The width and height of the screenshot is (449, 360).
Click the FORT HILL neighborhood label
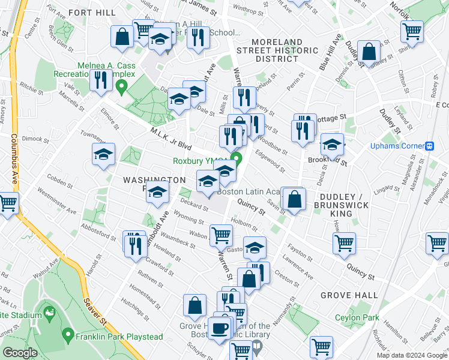coord(92,12)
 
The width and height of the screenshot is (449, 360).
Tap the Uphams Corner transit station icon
coord(430,146)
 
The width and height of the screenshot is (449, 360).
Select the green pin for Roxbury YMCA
coord(237,160)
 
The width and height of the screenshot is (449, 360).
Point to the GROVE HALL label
coord(349,295)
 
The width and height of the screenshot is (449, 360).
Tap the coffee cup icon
coord(221,328)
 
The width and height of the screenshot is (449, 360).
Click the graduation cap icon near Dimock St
coord(103,155)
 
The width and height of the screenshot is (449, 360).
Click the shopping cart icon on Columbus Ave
coord(7,204)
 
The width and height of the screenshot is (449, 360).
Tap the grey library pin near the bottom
coord(257,346)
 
